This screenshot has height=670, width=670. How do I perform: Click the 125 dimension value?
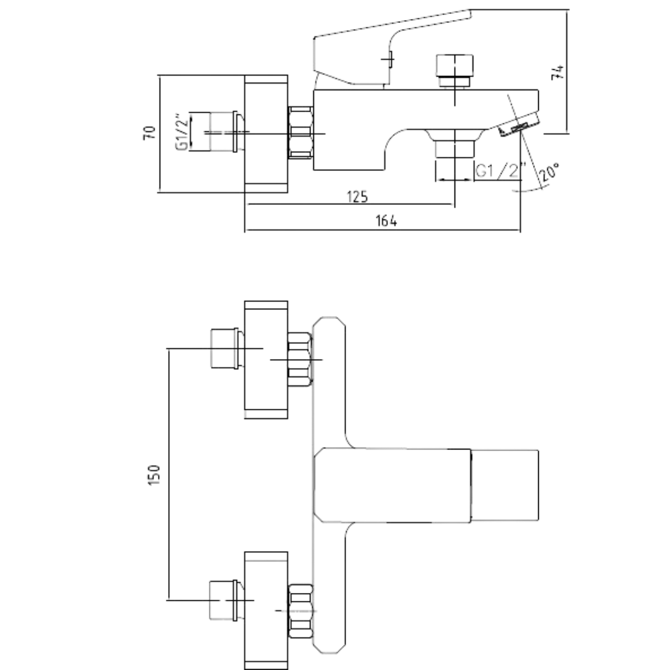pyautogui.click(x=357, y=197)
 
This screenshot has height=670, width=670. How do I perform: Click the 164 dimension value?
pyautogui.click(x=386, y=221)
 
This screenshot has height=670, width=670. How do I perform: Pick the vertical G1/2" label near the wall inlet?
pyautogui.click(x=181, y=132)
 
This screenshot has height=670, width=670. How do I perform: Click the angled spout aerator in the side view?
pyautogui.click(x=519, y=126)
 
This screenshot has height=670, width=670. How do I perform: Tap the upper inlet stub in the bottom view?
pyautogui.click(x=226, y=349)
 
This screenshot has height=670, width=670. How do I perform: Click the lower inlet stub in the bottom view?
pyautogui.click(x=226, y=600)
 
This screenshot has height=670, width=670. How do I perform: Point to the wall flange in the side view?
pyautogui.click(x=266, y=133)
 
